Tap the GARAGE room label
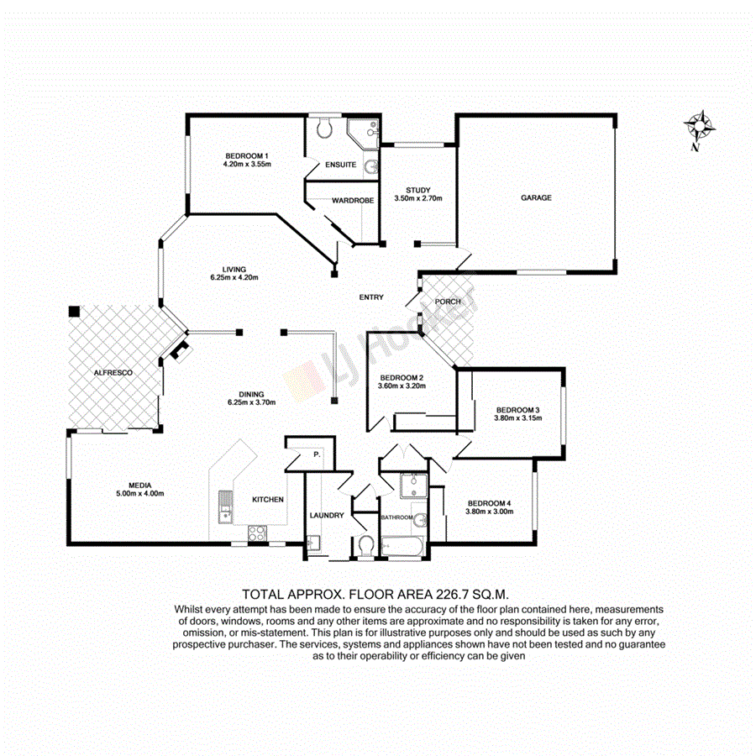click(536, 198)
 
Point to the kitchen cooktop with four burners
click(257, 532)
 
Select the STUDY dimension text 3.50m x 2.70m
click(417, 199)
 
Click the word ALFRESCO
click(113, 371)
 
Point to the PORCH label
click(447, 302)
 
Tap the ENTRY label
click(371, 297)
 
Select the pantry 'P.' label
click(317, 454)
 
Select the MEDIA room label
click(139, 484)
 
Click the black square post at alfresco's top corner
click(74, 311)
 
